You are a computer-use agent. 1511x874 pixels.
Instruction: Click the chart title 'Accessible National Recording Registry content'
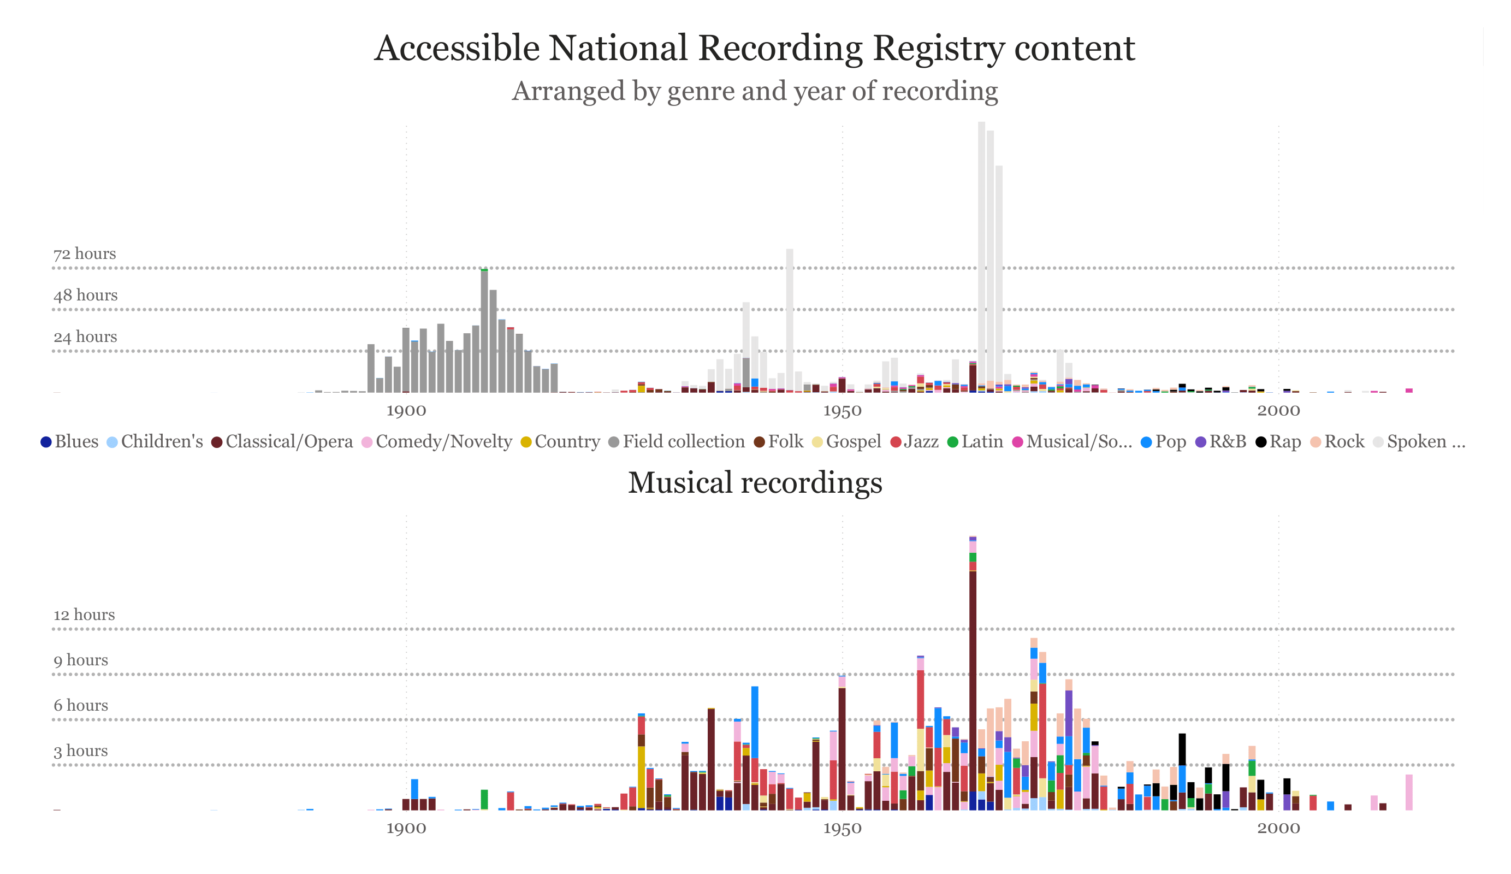point(754,48)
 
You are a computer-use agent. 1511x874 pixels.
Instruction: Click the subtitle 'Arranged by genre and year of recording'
point(754,91)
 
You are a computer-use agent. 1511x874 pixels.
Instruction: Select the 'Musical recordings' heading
point(754,483)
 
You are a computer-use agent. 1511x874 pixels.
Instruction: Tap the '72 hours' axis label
point(85,254)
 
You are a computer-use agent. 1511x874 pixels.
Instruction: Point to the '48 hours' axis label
point(85,295)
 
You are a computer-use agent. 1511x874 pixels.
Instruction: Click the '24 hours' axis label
point(85,336)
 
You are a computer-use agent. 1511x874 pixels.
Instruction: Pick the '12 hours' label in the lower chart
point(84,615)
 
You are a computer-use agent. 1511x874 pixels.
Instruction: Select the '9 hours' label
point(81,660)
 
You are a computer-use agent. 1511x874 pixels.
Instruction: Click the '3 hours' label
point(81,751)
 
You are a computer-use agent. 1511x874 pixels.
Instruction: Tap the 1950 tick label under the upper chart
point(842,411)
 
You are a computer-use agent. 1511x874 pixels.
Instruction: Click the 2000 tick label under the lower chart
point(1278,829)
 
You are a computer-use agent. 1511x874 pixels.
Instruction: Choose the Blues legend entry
point(69,442)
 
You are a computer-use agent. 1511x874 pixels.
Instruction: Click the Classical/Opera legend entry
point(282,442)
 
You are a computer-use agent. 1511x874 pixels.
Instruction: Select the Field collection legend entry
point(677,442)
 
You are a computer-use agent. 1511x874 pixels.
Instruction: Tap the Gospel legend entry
point(846,442)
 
